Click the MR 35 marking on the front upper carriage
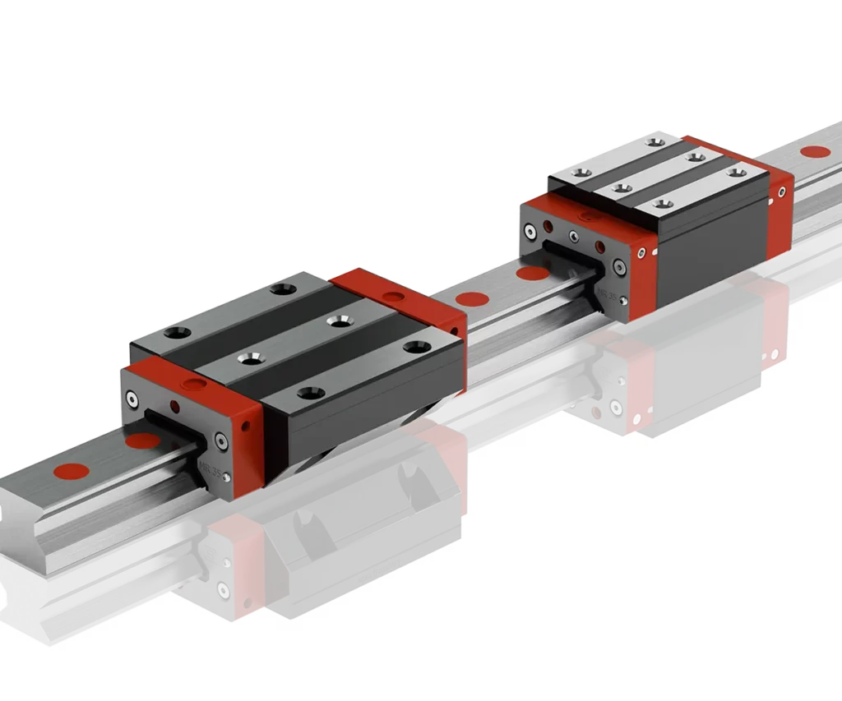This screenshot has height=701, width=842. (208, 468)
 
